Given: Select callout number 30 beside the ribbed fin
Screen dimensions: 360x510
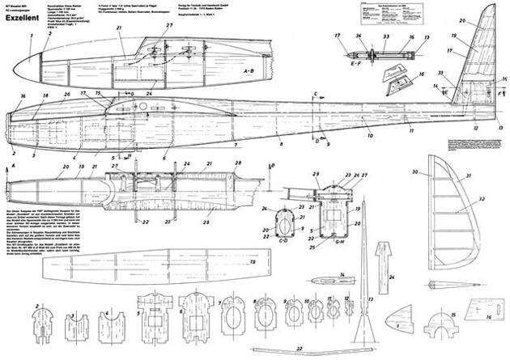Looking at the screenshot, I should tap(414, 172).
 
